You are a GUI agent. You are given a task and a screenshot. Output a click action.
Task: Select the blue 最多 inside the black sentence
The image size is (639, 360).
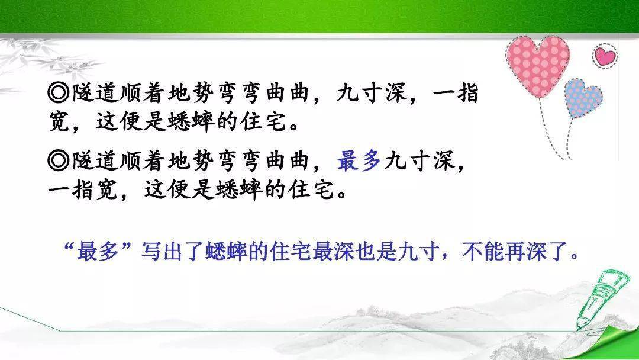[359, 160]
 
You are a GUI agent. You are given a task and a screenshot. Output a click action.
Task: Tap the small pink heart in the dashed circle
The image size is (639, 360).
[605, 56]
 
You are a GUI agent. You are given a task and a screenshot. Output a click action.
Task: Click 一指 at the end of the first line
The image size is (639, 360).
[456, 94]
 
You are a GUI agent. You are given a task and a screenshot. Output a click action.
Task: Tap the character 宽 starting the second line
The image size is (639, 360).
[59, 122]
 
